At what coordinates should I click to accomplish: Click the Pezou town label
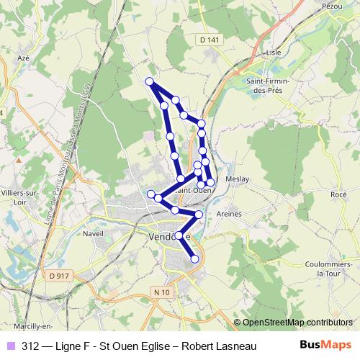(332, 5)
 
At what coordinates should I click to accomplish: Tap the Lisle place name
(272, 53)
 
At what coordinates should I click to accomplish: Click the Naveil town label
(94, 235)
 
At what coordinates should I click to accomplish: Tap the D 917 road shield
(60, 275)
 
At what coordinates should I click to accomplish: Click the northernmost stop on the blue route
(150, 81)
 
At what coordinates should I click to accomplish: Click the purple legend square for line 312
(10, 345)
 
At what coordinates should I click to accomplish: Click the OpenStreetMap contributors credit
(297, 323)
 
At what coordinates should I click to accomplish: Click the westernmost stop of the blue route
(151, 194)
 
